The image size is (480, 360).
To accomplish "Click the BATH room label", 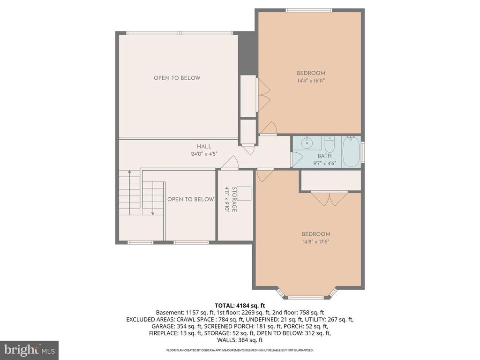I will pos(324,156).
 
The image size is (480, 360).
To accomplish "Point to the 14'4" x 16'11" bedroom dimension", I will pos(311,81).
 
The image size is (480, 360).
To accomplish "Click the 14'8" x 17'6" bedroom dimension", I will pos(315,242).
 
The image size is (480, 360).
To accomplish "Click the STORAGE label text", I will pos(234,200).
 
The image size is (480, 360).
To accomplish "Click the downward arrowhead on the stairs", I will pos(153,213).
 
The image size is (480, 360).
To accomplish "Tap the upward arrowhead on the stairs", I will pos(129,173).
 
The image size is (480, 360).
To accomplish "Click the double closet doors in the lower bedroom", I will pos(330,199).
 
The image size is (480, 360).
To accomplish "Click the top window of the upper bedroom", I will pos(309,10).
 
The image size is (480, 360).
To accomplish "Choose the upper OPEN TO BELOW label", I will pos(177,78).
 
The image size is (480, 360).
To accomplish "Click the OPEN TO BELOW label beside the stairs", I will pos(190,199).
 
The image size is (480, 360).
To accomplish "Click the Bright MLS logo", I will pos(29,349).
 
